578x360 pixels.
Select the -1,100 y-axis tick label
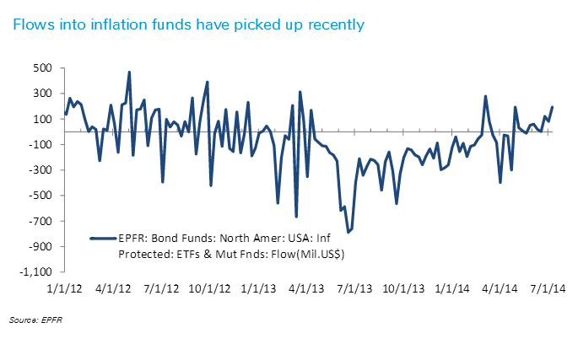click(x=35, y=272)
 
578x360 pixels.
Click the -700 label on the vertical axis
click(x=40, y=222)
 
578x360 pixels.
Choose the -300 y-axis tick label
click(x=40, y=170)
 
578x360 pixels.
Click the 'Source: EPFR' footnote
click(x=30, y=321)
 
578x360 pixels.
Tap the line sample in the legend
click(x=103, y=238)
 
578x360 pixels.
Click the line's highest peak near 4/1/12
click(x=129, y=72)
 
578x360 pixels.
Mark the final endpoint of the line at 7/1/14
click(x=552, y=107)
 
